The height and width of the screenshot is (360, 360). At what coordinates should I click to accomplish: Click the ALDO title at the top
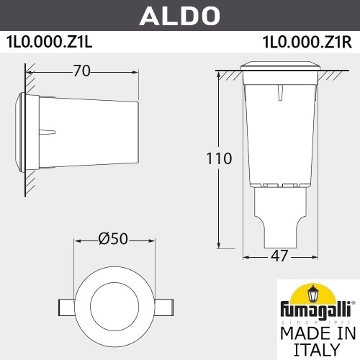(179, 14)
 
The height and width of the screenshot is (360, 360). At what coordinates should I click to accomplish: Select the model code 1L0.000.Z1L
(50, 41)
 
